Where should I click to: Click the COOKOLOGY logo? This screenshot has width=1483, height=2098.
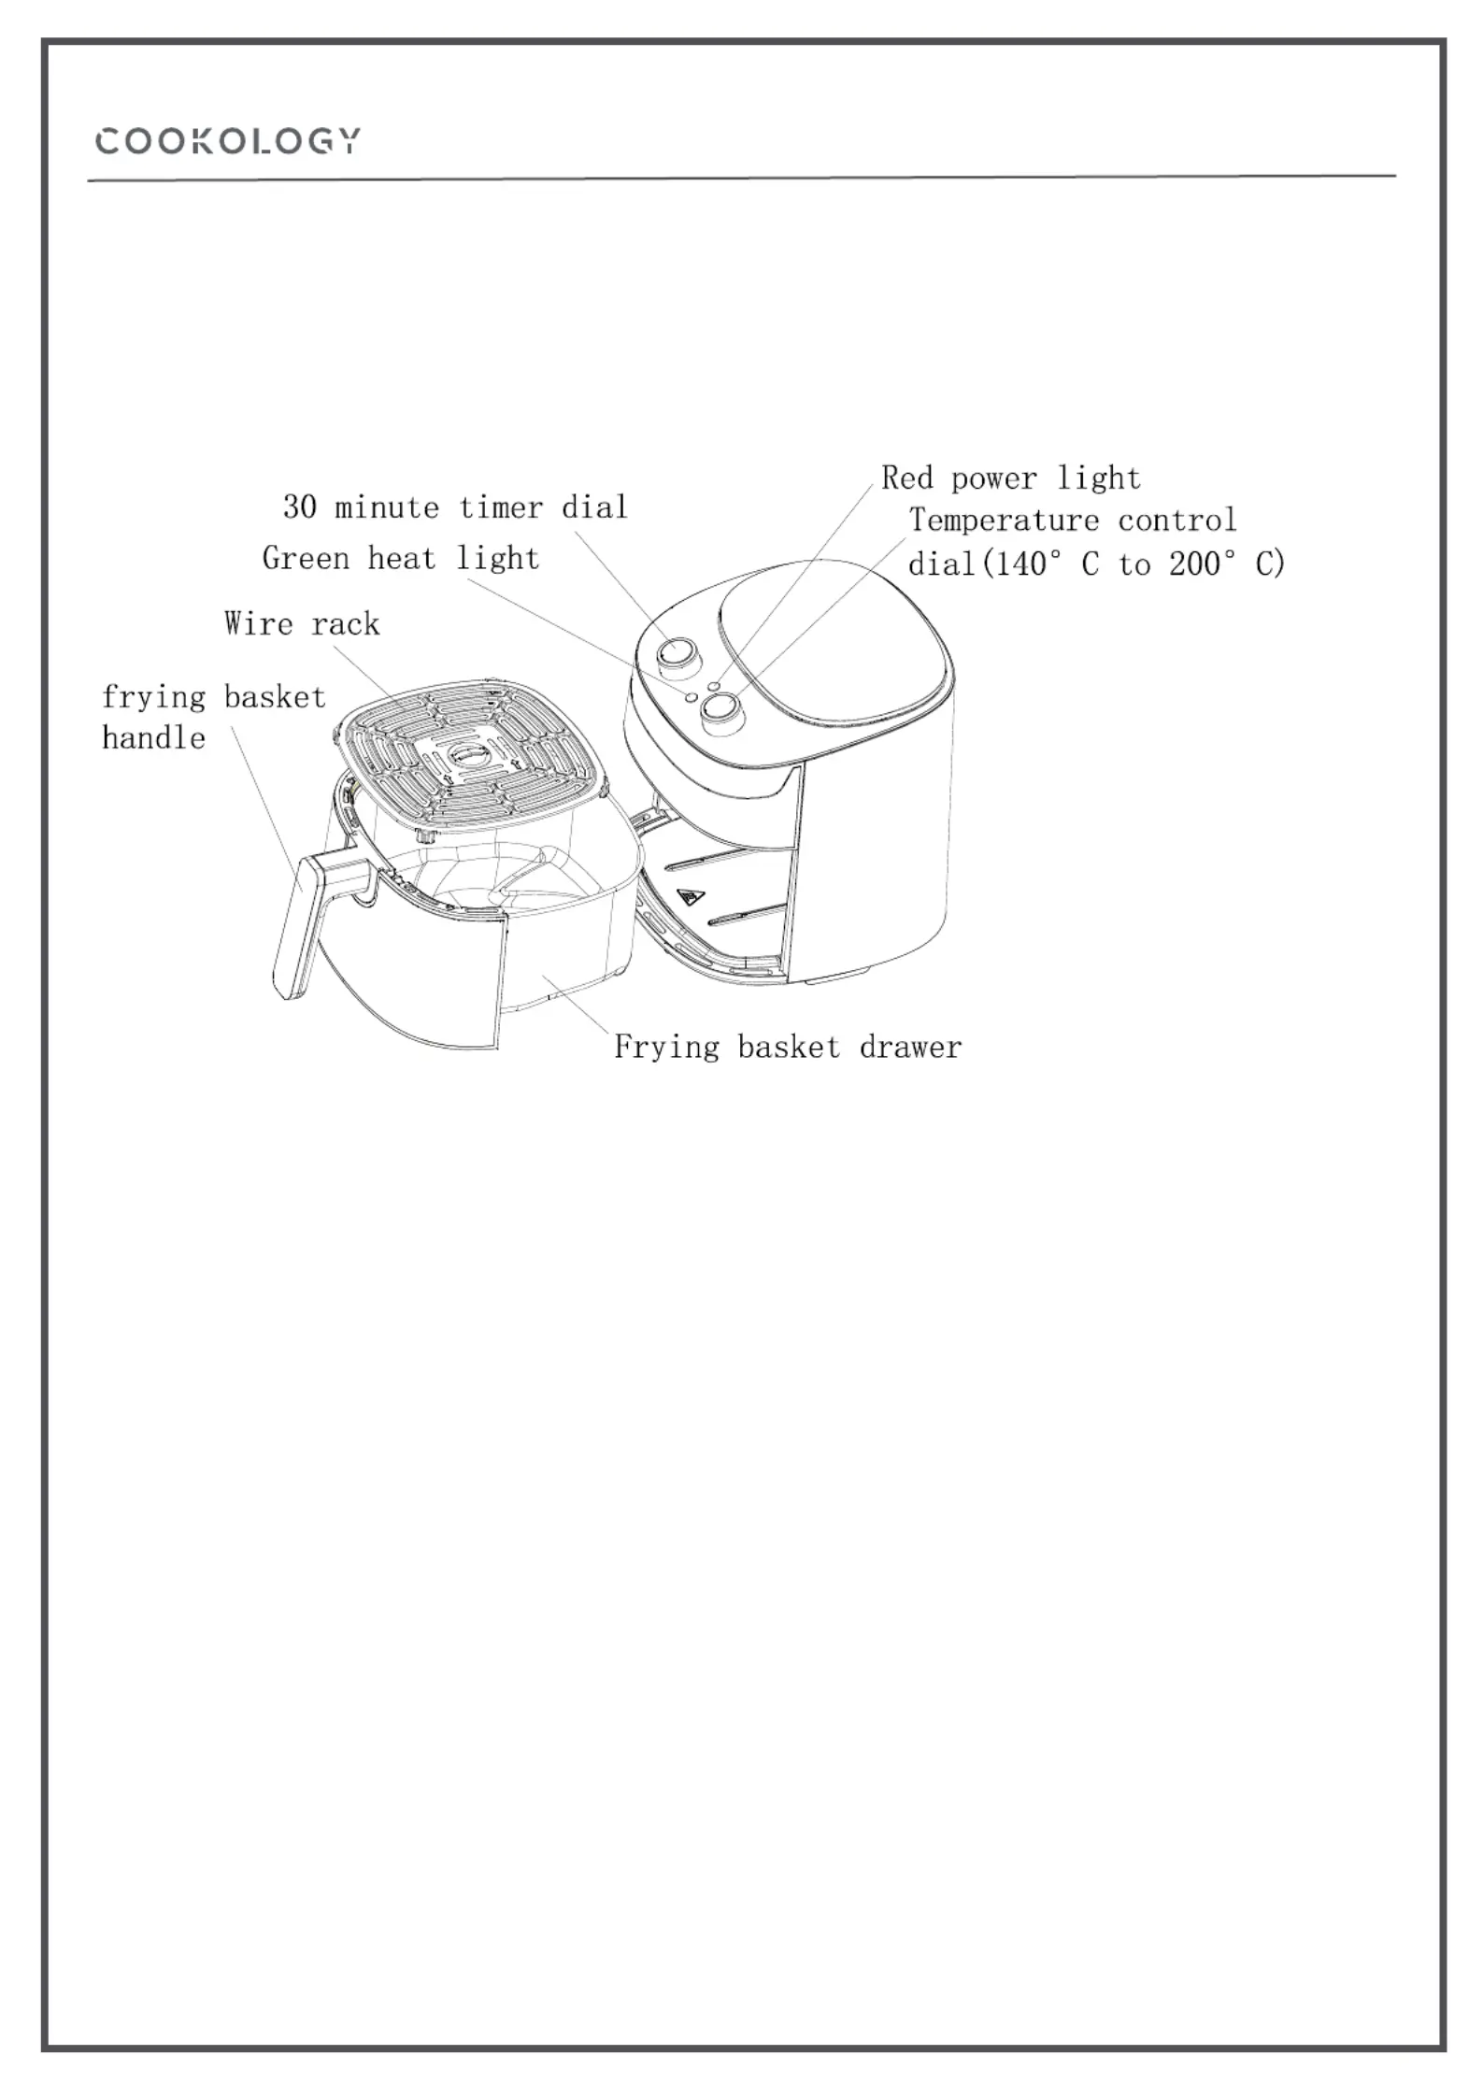click(x=227, y=141)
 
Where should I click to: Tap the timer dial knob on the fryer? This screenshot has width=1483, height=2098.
click(x=679, y=651)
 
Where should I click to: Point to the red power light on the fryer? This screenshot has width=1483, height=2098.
click(x=714, y=686)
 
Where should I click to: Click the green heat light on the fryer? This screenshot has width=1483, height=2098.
click(x=691, y=696)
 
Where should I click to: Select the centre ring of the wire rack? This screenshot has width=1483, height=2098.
click(x=468, y=753)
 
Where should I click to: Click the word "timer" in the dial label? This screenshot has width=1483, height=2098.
click(x=501, y=507)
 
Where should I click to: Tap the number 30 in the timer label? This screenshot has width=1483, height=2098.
click(x=299, y=507)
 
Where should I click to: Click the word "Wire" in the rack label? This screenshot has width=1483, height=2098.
click(x=258, y=623)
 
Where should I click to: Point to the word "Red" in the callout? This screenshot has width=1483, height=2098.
click(x=907, y=478)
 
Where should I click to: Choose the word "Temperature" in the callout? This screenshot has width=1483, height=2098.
click(x=1004, y=520)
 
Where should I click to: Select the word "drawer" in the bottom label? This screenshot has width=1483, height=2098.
click(x=910, y=1047)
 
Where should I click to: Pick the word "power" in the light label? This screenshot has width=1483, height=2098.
click(x=994, y=479)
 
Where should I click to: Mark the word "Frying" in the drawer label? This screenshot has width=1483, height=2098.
click(x=666, y=1048)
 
